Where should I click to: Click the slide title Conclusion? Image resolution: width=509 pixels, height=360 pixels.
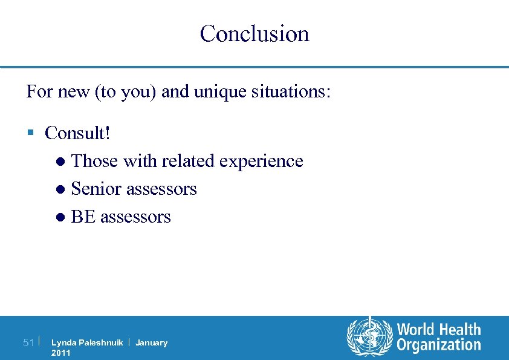point(254,33)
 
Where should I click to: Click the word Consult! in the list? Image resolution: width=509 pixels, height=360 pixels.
point(77,133)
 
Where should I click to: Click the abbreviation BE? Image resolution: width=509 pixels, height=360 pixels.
point(83,217)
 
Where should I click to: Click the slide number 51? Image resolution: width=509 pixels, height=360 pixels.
point(28,343)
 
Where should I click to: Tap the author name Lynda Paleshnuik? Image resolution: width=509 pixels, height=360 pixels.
point(87,343)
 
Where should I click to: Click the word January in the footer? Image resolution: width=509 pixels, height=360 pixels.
point(151,343)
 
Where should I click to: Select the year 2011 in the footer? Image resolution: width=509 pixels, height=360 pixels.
point(61,353)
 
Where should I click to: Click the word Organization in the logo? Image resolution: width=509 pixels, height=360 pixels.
point(439,345)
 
